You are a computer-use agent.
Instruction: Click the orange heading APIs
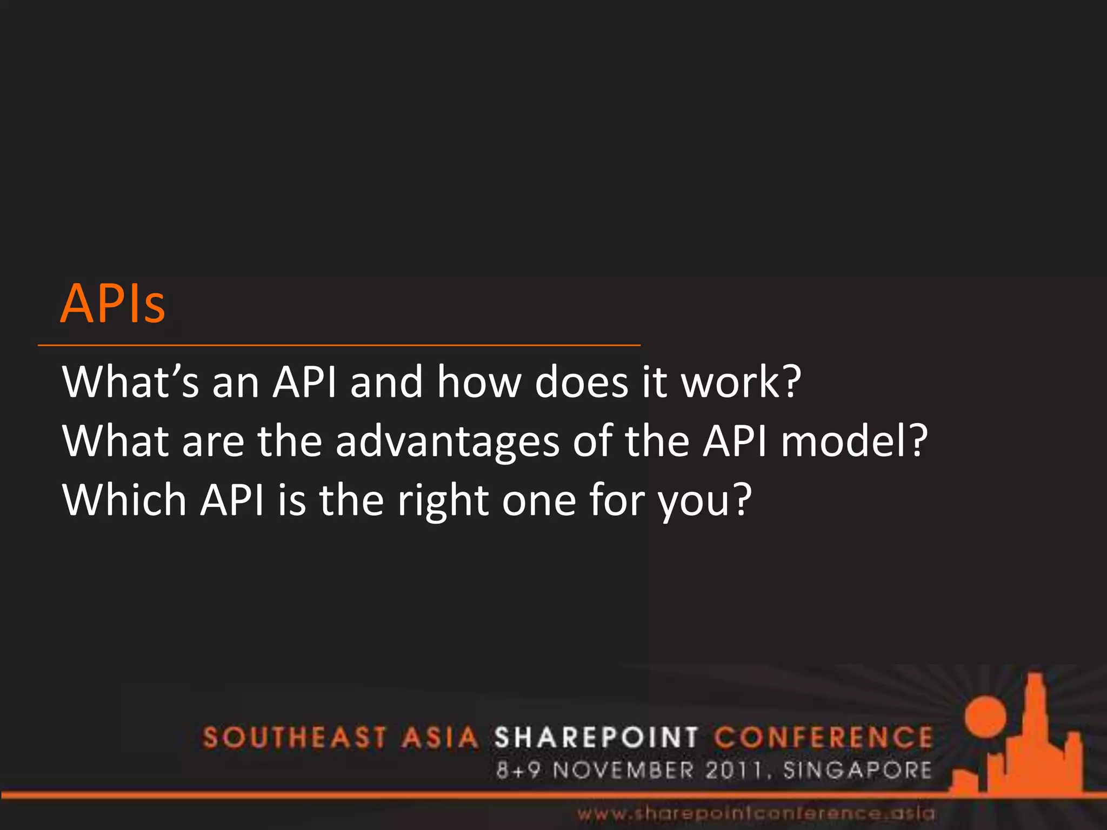click(x=112, y=304)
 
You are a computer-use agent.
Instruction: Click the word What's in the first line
click(x=130, y=382)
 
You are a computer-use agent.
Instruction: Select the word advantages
click(x=447, y=441)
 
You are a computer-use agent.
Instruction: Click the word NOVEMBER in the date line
click(x=623, y=770)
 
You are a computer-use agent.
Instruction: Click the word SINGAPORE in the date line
click(x=857, y=770)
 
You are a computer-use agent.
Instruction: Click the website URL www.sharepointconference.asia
click(x=756, y=813)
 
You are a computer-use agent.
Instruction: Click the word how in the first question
click(x=479, y=382)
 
